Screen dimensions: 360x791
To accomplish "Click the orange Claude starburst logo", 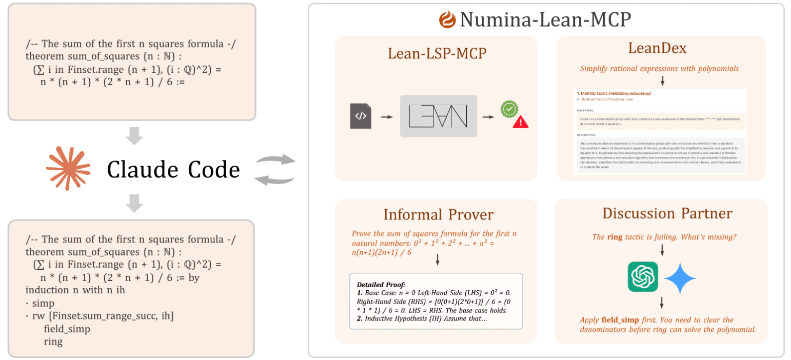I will tap(68, 168).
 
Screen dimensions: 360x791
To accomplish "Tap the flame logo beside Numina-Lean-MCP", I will tap(447, 20).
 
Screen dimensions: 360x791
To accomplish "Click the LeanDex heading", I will tap(661, 49).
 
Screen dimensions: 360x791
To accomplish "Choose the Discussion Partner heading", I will tap(667, 213).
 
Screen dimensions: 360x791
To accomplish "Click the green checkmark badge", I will tap(509, 109).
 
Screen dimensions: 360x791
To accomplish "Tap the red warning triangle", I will tap(521, 122).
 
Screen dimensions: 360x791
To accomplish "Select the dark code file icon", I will tap(361, 116).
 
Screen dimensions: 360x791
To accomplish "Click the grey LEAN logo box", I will tap(439, 116).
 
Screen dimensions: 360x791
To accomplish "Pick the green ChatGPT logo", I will tap(643, 277).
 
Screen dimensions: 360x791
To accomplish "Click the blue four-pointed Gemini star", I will tap(680, 278).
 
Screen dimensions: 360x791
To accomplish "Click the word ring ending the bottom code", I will tap(53, 341).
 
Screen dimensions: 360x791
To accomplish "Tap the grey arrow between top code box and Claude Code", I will tap(134, 136).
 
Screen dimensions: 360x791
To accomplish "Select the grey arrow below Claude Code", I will tap(134, 203).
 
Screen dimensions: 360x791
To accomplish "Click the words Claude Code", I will tap(173, 169).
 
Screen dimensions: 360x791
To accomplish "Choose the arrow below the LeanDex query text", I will tap(662, 81).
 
